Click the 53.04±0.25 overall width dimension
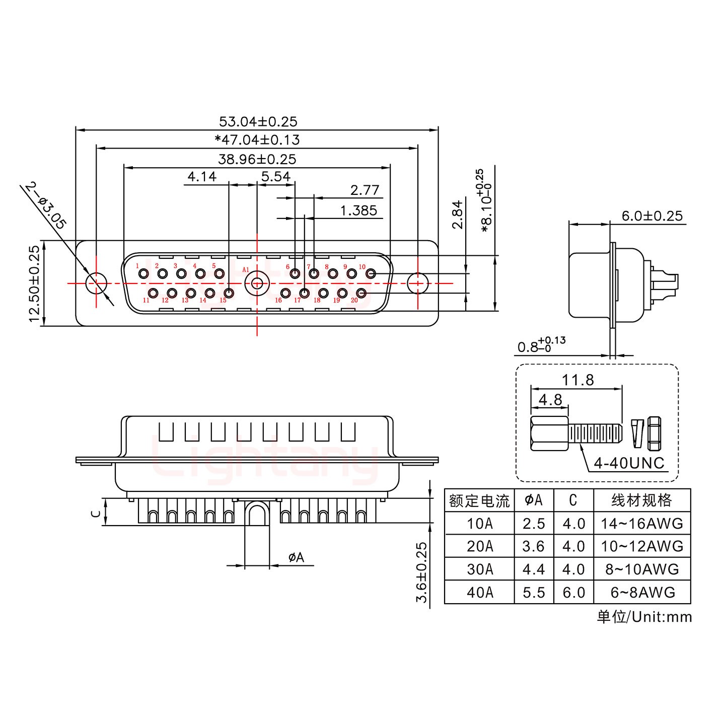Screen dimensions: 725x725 258,121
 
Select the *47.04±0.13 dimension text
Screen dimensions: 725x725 257,140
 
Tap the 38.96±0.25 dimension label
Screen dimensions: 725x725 257,160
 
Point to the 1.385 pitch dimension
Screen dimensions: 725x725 358,210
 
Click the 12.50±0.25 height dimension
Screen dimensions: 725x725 34,284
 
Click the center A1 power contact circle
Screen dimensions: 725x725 257,283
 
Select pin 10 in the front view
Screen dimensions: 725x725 371,274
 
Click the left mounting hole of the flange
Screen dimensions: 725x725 97,283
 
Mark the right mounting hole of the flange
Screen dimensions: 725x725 417,283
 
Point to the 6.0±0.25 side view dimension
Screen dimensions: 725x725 652,216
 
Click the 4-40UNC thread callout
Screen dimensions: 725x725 629,463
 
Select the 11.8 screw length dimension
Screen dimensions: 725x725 578,380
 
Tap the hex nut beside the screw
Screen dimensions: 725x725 654,433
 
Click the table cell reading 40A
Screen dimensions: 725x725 479,592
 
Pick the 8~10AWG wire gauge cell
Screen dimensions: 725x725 642,569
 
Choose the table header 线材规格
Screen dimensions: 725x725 642,500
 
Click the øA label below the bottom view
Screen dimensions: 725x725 296,557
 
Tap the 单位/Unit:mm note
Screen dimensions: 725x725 644,617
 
